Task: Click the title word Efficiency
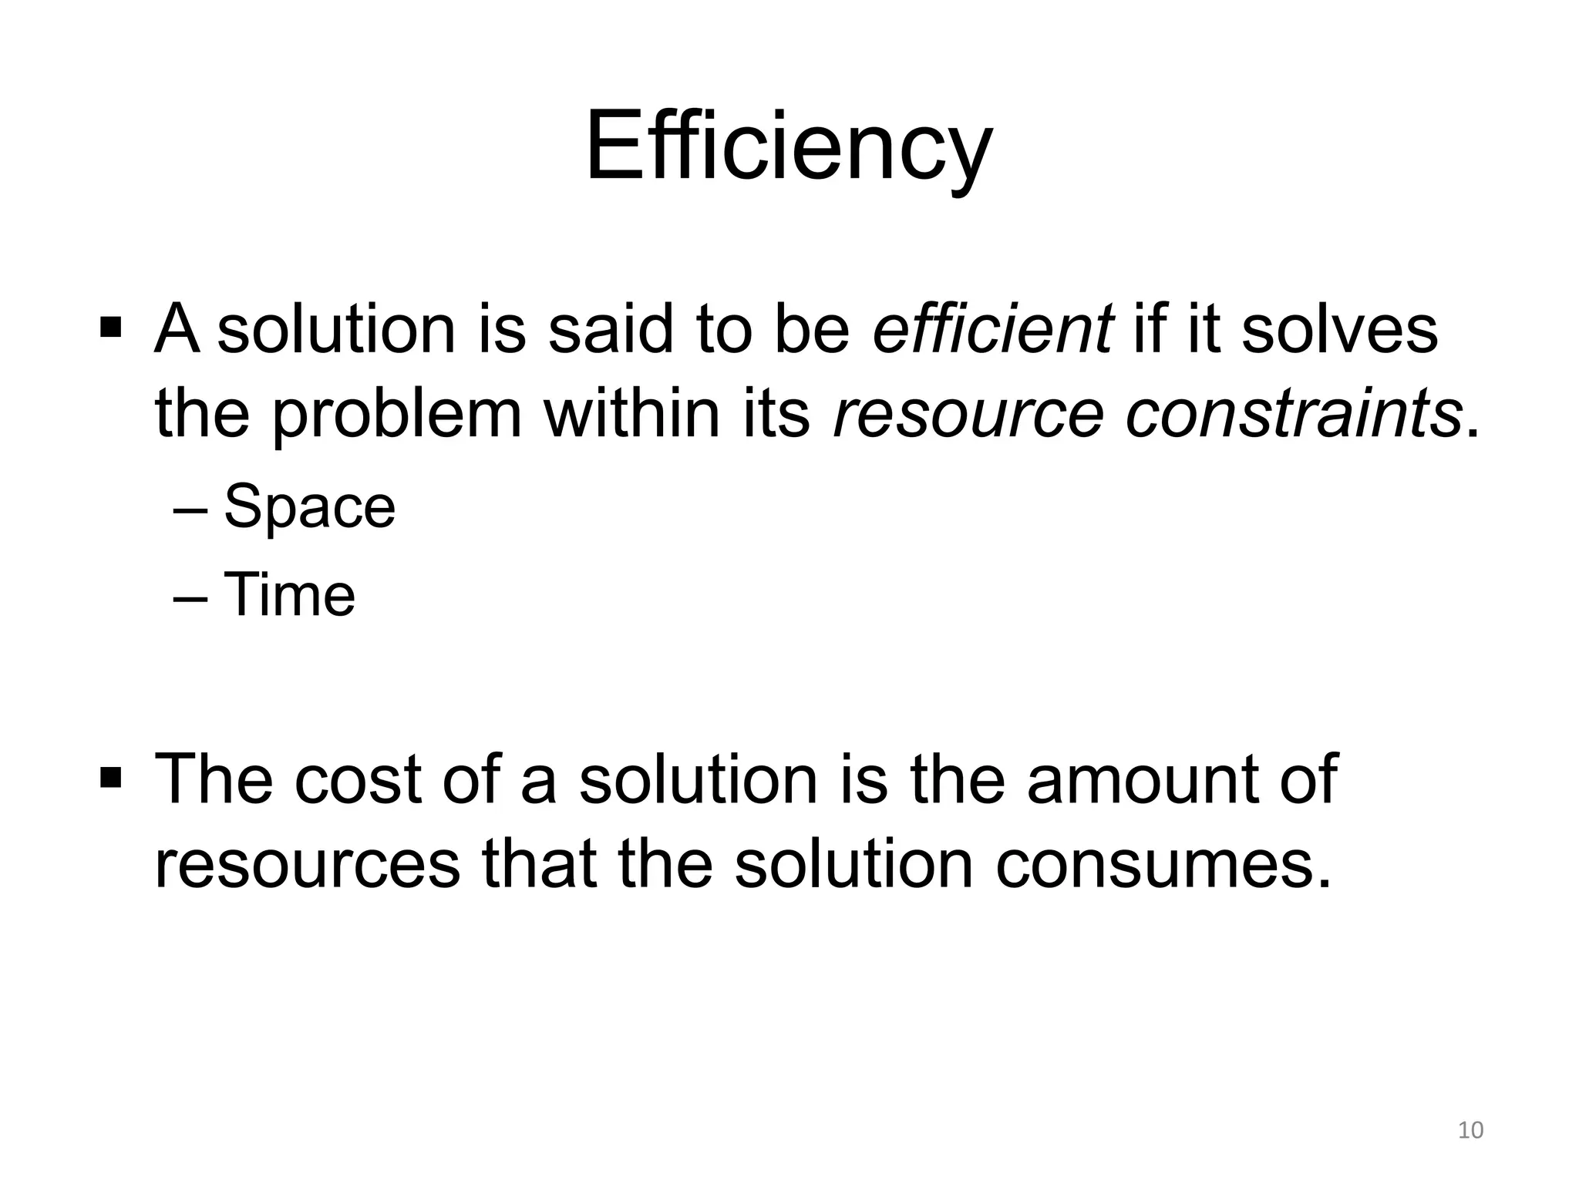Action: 789,148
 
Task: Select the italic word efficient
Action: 992,330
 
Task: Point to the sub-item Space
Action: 309,506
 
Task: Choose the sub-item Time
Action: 289,594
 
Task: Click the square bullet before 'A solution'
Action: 111,328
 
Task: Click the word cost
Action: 358,779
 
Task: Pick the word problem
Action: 397,416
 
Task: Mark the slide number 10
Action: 1470,1130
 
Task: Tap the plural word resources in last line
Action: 307,865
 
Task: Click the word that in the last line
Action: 540,865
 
